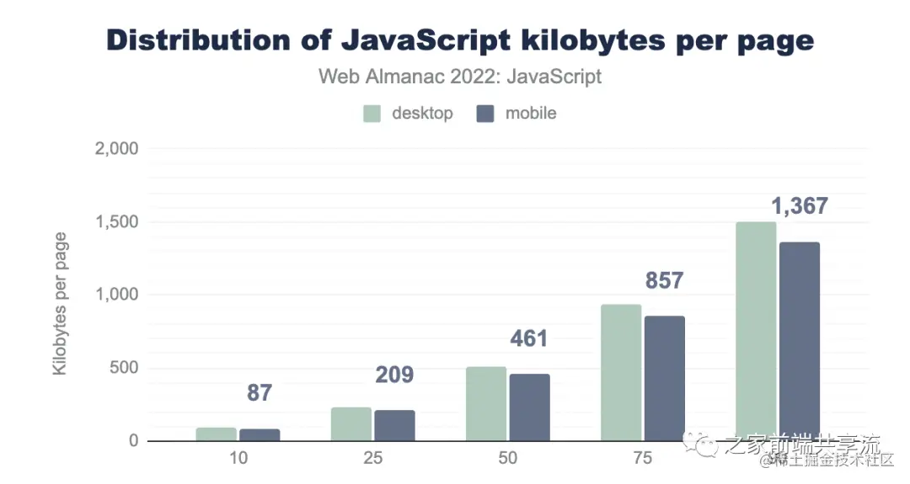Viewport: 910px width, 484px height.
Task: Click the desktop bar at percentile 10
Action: click(217, 434)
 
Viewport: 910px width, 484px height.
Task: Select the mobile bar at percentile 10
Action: click(260, 435)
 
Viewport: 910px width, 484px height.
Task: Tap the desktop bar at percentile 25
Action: click(351, 424)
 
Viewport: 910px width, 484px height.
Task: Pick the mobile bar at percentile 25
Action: click(394, 425)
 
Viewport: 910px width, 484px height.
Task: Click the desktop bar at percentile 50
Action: click(486, 404)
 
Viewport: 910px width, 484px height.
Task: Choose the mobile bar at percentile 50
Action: click(529, 407)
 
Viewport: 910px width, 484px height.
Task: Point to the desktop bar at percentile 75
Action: click(621, 373)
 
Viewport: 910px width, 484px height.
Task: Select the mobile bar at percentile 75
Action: click(665, 378)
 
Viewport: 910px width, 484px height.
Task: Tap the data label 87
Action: click(260, 393)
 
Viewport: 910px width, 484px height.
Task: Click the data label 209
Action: click(394, 375)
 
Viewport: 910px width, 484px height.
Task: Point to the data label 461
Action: click(529, 339)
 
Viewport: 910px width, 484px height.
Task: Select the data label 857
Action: click(664, 280)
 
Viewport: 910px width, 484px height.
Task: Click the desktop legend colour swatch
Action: click(373, 114)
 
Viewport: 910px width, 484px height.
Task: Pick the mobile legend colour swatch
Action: click(485, 114)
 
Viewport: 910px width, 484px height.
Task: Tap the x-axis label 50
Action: click(507, 460)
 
